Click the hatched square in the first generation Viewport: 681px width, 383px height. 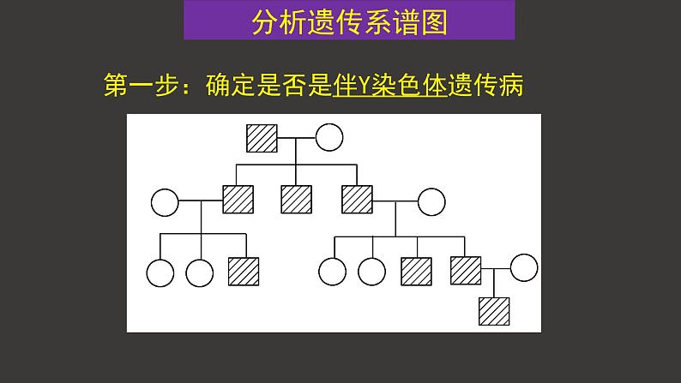click(x=262, y=138)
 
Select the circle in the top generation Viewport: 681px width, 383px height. click(x=328, y=138)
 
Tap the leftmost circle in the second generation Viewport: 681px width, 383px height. click(x=165, y=202)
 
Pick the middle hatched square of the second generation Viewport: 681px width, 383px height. click(x=297, y=200)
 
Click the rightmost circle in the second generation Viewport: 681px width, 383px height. click(x=431, y=202)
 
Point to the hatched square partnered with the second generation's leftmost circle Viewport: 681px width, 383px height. click(x=238, y=200)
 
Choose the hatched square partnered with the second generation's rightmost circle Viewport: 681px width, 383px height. click(x=357, y=200)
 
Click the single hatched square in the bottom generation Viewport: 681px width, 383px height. click(x=494, y=310)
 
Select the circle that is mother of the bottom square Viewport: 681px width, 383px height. click(x=525, y=268)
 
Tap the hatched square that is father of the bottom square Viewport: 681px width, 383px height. click(x=466, y=271)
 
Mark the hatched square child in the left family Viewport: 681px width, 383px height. click(x=244, y=271)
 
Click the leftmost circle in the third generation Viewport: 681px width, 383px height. click(x=160, y=272)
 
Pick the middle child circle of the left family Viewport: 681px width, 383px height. click(x=199, y=272)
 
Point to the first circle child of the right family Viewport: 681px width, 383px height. click(x=332, y=272)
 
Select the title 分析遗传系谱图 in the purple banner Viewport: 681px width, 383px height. click(x=349, y=22)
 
